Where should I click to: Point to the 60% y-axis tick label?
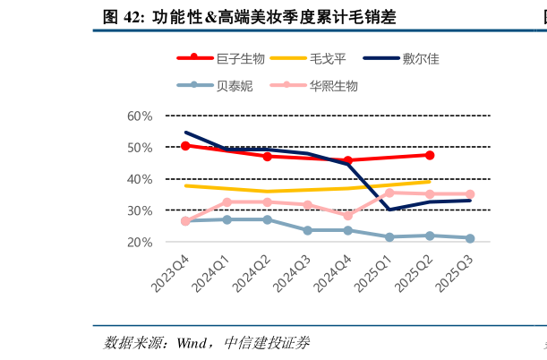pyautogui.click(x=140, y=116)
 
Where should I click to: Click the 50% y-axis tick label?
pyautogui.click(x=140, y=147)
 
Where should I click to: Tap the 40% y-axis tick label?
pyautogui.click(x=140, y=179)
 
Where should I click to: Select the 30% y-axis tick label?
pyautogui.click(x=140, y=210)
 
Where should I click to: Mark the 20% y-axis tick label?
pyautogui.click(x=140, y=242)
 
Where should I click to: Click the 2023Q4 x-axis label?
pyautogui.click(x=170, y=272)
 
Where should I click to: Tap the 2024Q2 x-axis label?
pyautogui.click(x=252, y=272)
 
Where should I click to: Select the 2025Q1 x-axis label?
pyautogui.click(x=374, y=272)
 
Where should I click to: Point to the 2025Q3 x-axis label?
pyautogui.click(x=455, y=272)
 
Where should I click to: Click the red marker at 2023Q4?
pyautogui.click(x=185, y=145)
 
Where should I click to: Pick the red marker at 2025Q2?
pyautogui.click(x=430, y=155)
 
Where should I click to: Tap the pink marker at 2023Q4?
pyautogui.click(x=185, y=221)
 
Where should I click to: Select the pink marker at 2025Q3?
pyautogui.click(x=470, y=194)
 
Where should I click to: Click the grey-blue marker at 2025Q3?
pyautogui.click(x=470, y=238)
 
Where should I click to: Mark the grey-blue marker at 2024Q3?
pyautogui.click(x=308, y=230)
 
